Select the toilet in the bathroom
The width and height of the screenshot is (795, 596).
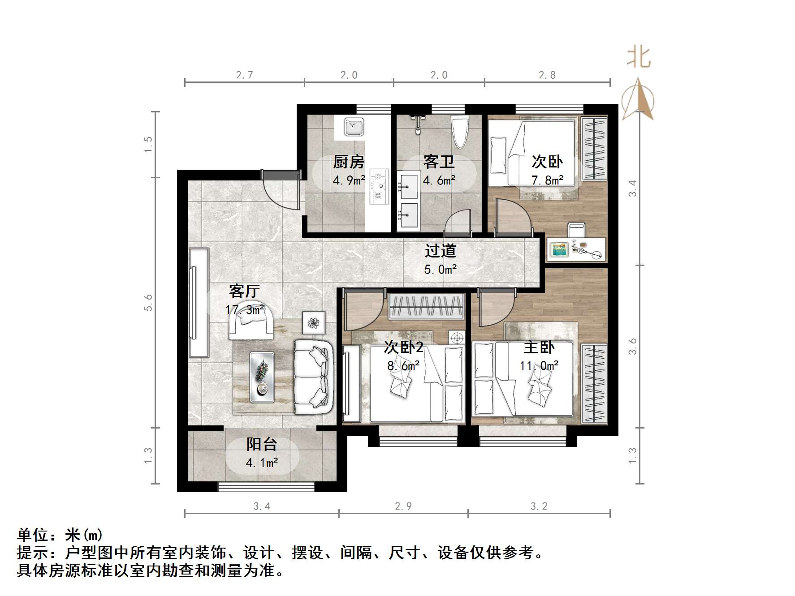click(x=459, y=132)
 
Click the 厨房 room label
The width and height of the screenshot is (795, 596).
click(x=349, y=162)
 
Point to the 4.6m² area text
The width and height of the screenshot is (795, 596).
click(x=439, y=180)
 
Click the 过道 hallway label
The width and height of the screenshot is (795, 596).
click(x=440, y=251)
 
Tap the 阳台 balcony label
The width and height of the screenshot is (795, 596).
click(x=262, y=444)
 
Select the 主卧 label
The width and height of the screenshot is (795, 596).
click(x=539, y=347)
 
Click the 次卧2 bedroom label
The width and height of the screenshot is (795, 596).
click(x=403, y=347)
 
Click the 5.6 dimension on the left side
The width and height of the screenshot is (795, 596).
click(x=148, y=302)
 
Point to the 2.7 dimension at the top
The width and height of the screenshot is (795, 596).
click(x=245, y=75)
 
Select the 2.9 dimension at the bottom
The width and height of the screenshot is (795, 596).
click(x=403, y=506)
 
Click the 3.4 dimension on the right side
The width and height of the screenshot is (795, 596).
click(x=632, y=188)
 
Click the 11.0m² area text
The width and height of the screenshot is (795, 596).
click(x=539, y=366)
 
